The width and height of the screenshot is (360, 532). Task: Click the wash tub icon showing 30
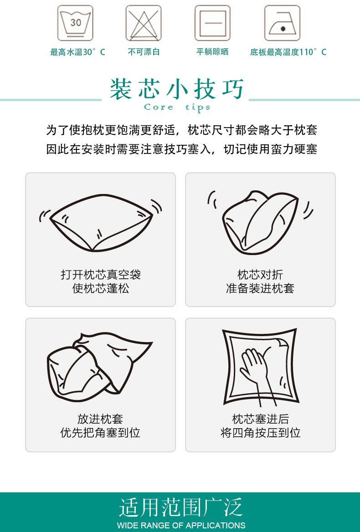[x=75, y=23]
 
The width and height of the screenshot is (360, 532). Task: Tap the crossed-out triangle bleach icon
[x=144, y=23]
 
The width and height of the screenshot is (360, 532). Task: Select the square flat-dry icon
[x=212, y=23]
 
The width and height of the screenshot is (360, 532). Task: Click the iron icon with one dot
[x=282, y=23]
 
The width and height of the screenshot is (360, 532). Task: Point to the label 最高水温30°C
[x=77, y=52]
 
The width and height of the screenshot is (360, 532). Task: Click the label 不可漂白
[x=144, y=52]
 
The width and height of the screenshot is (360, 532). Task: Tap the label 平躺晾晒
[x=212, y=52]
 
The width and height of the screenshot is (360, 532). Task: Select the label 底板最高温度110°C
[x=288, y=52]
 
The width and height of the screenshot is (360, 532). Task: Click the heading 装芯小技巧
[x=177, y=89]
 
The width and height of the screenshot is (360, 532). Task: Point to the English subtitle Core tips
[x=177, y=107]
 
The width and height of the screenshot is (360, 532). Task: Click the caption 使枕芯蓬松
[x=100, y=288]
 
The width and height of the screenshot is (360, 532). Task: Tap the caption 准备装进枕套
[x=260, y=288]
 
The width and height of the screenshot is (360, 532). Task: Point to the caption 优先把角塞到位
[x=100, y=433]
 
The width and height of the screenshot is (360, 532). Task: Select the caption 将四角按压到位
[x=260, y=433]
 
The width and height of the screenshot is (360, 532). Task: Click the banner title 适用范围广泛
[x=180, y=507]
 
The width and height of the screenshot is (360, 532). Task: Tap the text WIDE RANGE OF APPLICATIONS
[x=181, y=525]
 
